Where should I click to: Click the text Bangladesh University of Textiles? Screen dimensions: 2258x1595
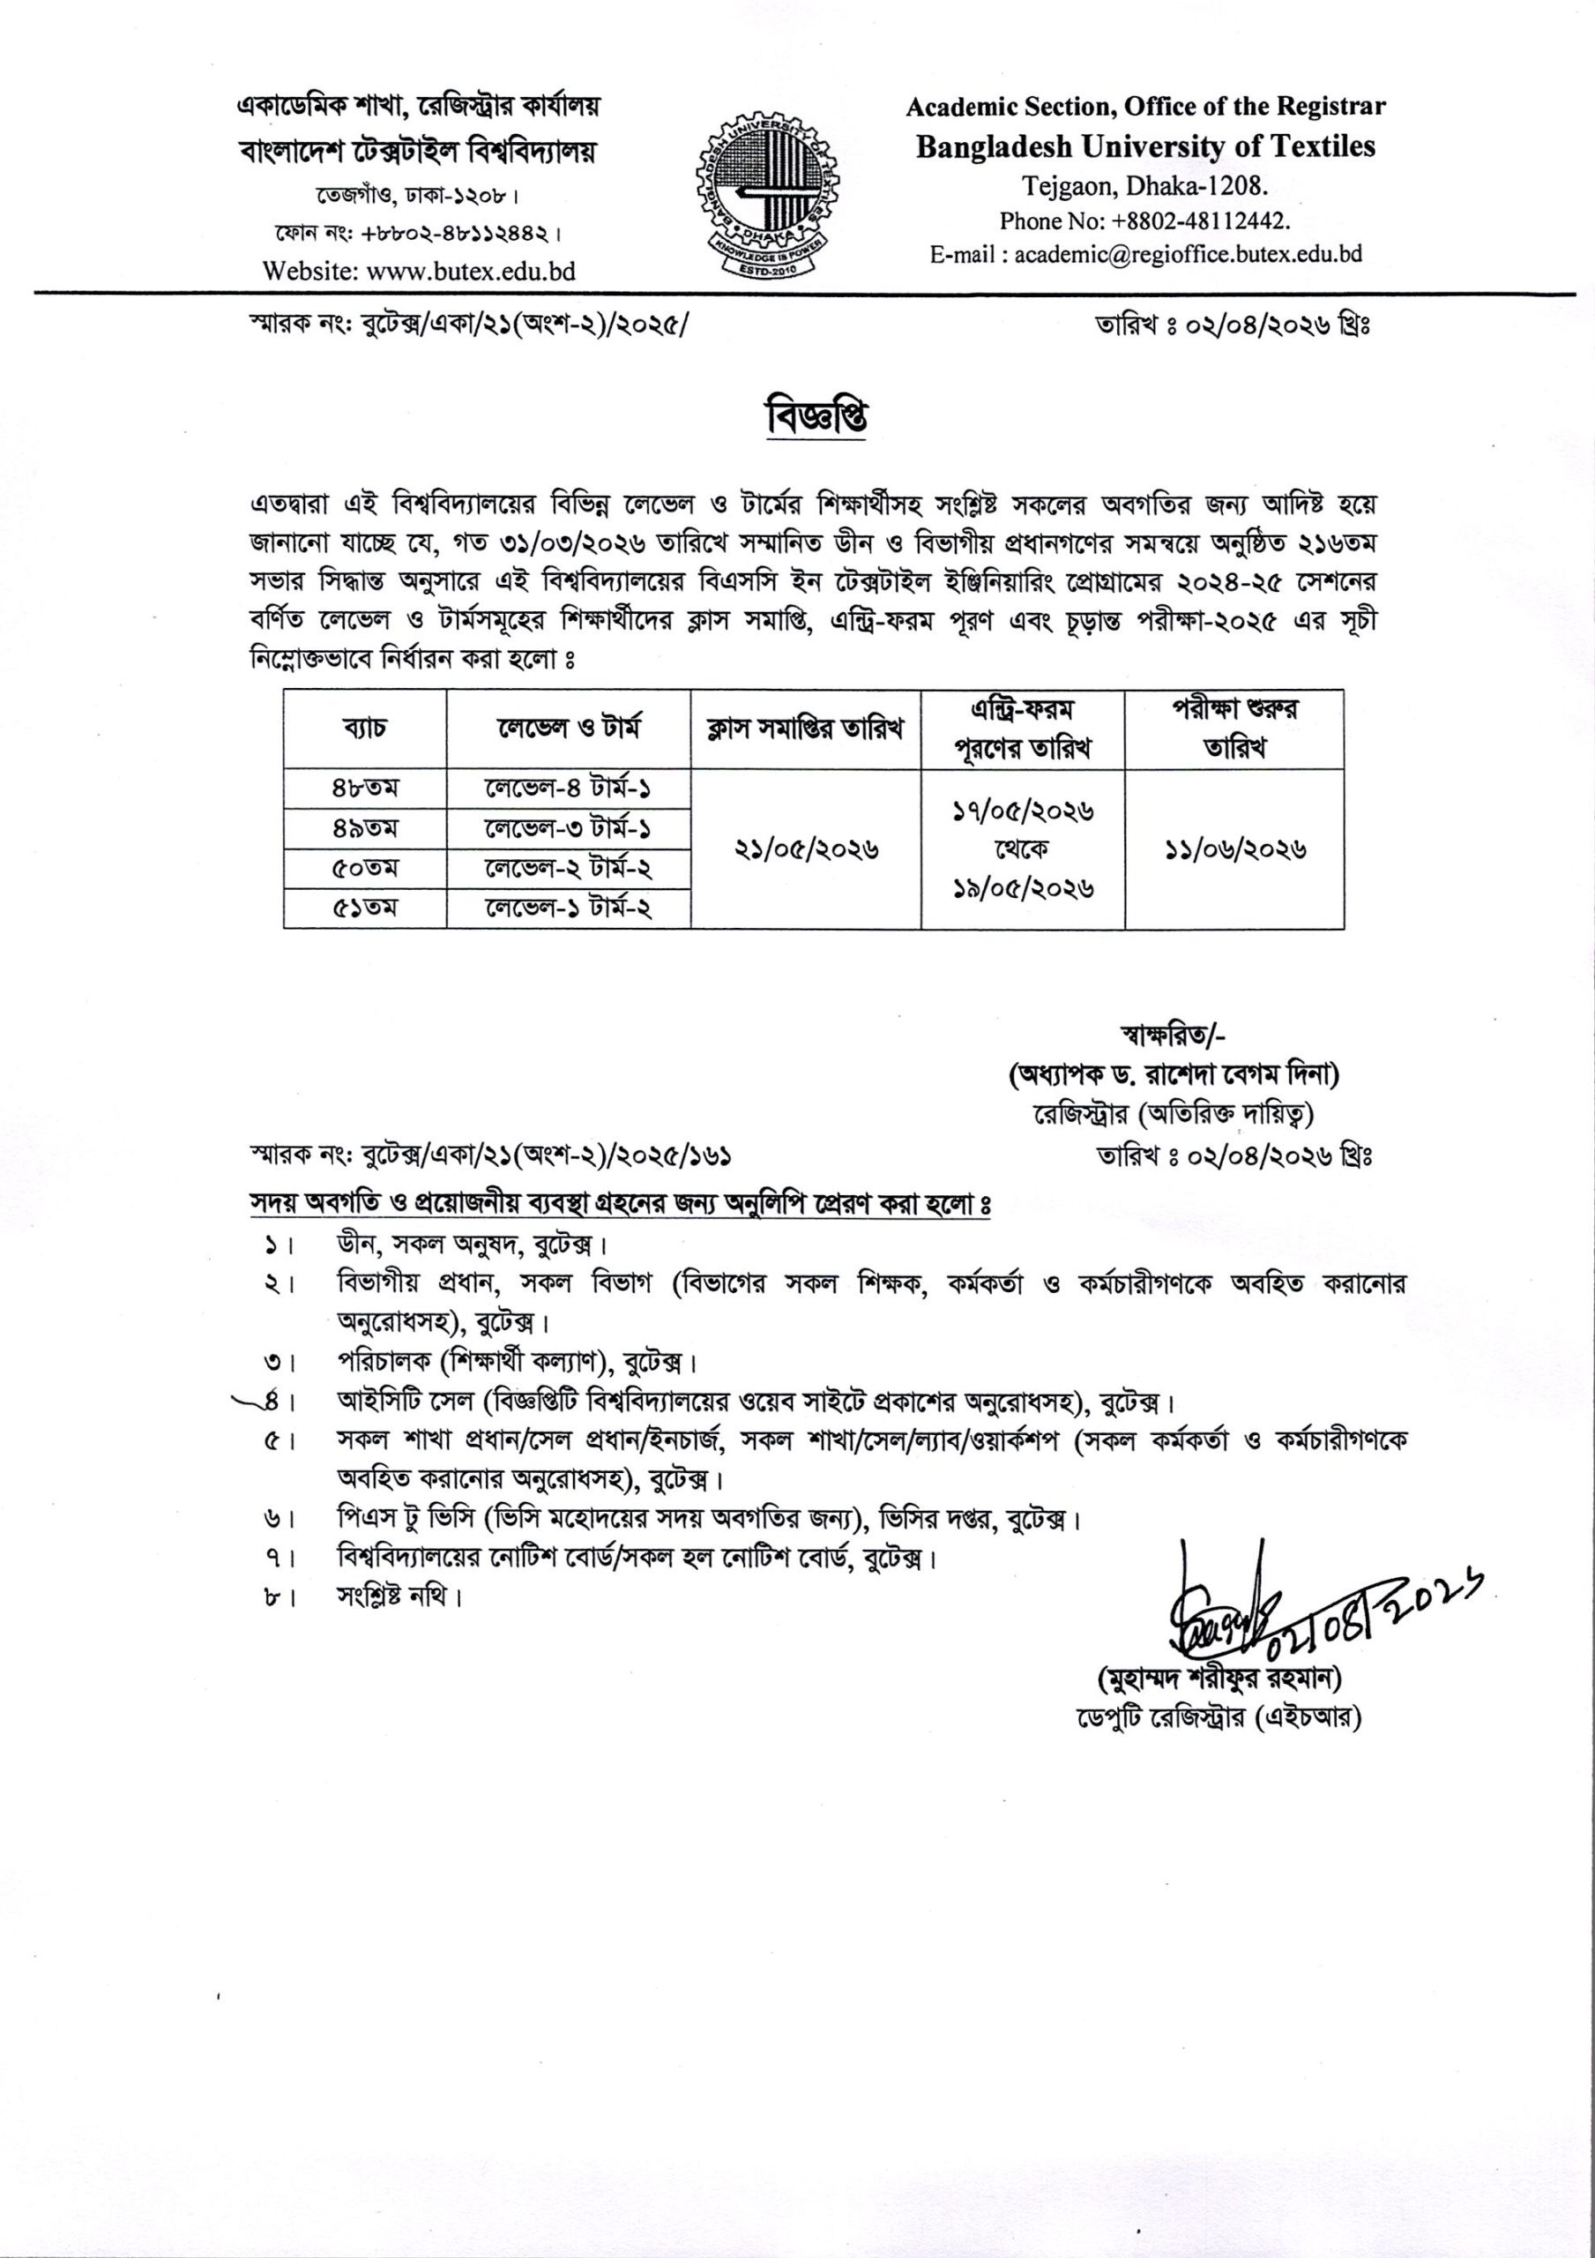[1145, 146]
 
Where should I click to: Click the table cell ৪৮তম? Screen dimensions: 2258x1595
[365, 789]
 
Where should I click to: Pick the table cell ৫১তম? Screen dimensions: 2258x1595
[365, 908]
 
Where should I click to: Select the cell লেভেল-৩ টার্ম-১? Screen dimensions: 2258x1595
[569, 829]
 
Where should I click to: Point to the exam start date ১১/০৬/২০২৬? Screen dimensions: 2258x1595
[1234, 849]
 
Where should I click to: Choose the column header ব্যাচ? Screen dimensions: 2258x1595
[365, 729]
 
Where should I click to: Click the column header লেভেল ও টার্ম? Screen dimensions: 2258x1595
[569, 729]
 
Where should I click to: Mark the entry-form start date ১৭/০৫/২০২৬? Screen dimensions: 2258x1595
[1023, 811]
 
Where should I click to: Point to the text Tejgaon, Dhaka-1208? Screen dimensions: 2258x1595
[1145, 185]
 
